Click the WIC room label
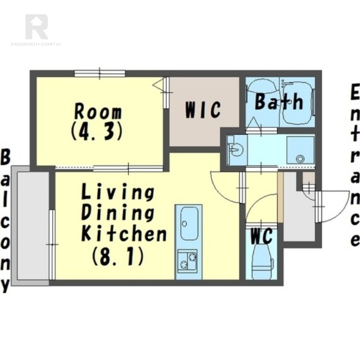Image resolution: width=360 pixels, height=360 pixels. tap(203, 110)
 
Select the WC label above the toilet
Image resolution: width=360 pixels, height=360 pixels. tap(261, 237)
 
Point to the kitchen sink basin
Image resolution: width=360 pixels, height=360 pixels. tap(189, 223)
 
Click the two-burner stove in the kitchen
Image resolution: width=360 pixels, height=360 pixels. tap(187, 261)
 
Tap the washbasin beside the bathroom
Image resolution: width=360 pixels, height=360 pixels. tap(234, 150)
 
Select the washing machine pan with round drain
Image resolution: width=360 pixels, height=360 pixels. tap(300, 150)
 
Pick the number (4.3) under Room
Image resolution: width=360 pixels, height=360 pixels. tap(96, 131)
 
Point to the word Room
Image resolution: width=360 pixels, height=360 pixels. tap(98, 112)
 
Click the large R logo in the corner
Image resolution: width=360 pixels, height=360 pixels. tap(37, 27)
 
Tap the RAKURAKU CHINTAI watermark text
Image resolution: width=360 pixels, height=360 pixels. tap(36, 44)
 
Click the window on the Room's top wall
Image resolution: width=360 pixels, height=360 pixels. tap(99, 73)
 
